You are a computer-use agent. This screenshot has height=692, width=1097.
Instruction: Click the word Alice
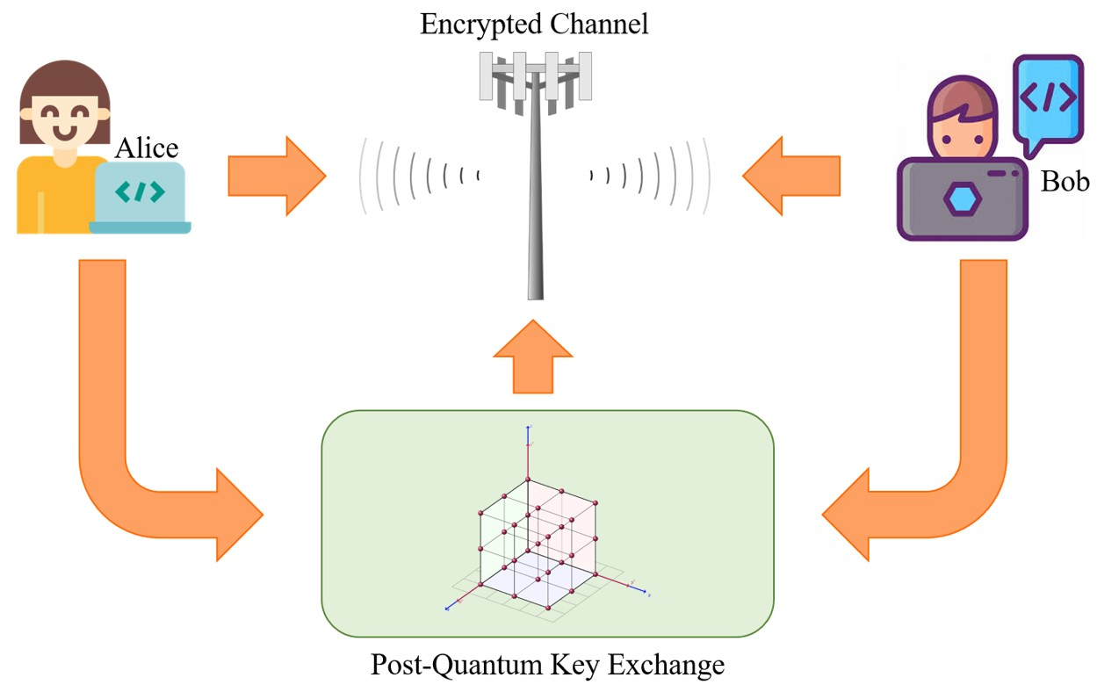pyautogui.click(x=148, y=148)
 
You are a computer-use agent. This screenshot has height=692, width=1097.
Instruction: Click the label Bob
pyautogui.click(x=1065, y=181)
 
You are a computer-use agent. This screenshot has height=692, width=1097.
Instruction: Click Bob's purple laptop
pyautogui.click(x=962, y=198)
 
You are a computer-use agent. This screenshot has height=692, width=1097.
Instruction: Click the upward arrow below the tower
pyautogui.click(x=532, y=357)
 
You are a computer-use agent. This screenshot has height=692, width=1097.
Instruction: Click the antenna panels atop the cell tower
pyautogui.click(x=530, y=74)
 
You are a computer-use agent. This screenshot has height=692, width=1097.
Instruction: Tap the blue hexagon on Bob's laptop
pyautogui.click(x=962, y=199)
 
